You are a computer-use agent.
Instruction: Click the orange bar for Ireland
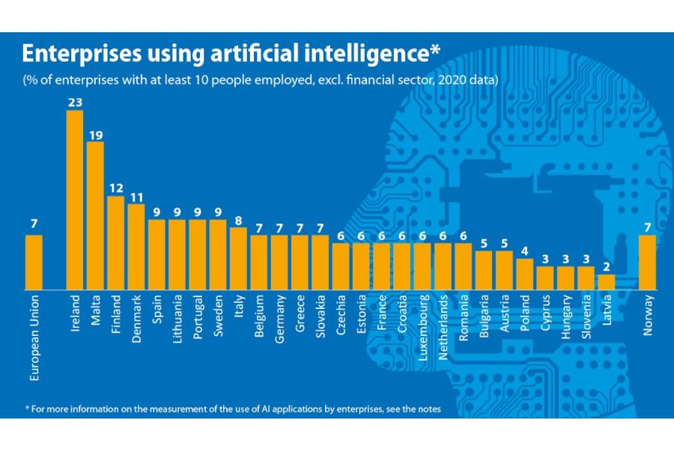pos(75,199)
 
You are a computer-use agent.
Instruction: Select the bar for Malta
pos(95,215)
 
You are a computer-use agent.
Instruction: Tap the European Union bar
pos(34,262)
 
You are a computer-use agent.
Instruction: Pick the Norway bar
pos(648,262)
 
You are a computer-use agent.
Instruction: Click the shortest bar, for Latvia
pos(606,281)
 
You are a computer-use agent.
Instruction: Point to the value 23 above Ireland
pos(75,103)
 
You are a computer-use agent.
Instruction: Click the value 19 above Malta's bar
pos(95,134)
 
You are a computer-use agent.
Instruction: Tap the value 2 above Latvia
pos(606,267)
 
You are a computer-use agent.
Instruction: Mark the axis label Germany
pos(279,319)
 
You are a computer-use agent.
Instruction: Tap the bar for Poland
pos(525,274)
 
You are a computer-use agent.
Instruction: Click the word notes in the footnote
pos(428,409)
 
